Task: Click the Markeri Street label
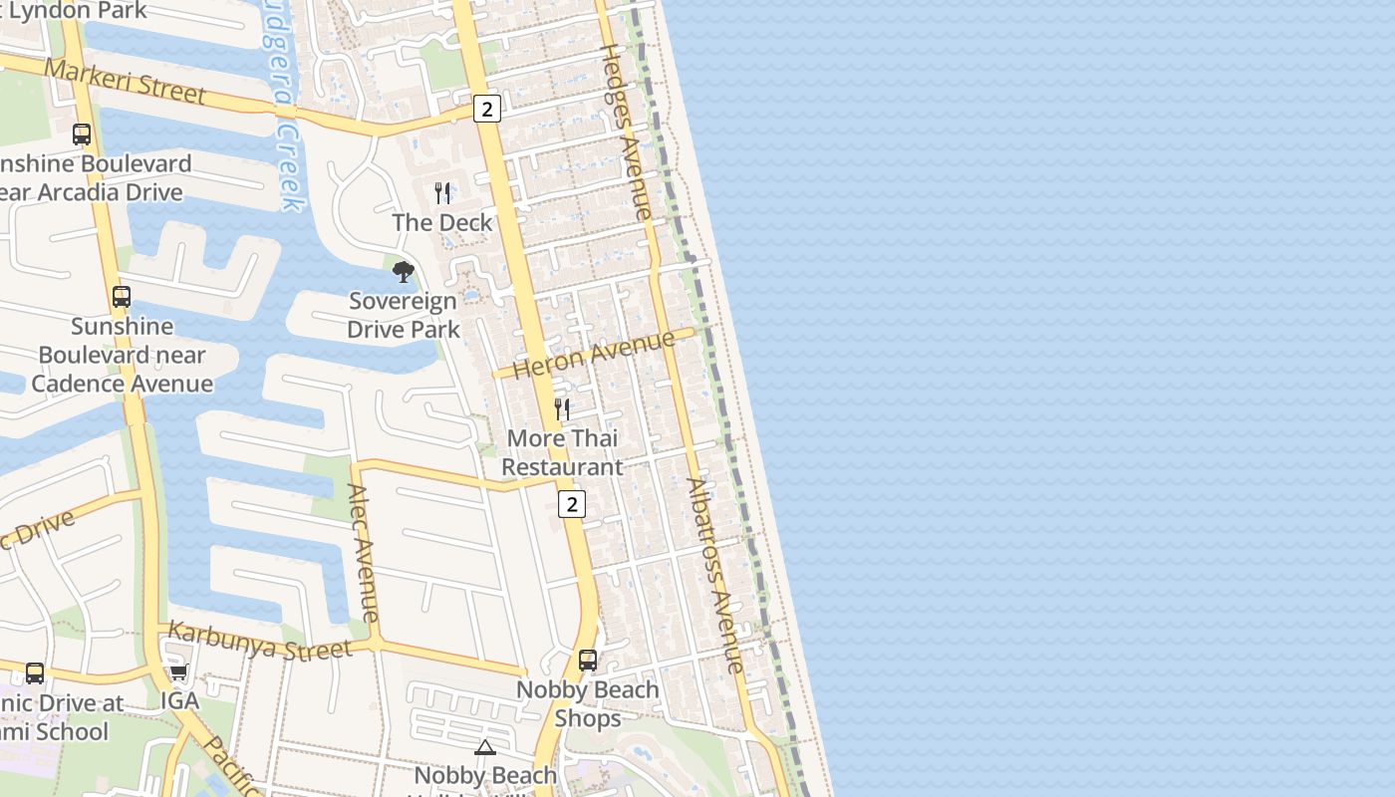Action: coord(126,82)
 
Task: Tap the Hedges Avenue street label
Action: coord(625,132)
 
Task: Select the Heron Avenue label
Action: coord(595,356)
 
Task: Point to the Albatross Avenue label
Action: coord(715,576)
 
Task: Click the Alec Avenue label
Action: coord(363,553)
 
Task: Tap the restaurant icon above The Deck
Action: coord(442,192)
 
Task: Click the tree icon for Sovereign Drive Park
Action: coord(403,271)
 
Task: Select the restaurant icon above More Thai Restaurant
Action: coord(562,408)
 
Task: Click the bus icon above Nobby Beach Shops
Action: coord(588,660)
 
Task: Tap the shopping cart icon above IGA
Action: coord(179,672)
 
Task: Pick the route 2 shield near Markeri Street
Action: coord(486,109)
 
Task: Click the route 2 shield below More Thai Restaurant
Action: coord(571,504)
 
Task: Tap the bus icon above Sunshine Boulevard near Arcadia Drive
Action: coord(82,133)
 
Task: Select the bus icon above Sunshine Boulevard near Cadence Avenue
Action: coord(122,296)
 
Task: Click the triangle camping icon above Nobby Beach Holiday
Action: coord(485,747)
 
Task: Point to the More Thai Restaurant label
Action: coord(562,452)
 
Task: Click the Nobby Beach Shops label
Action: coord(588,703)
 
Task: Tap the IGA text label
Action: coord(180,700)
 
